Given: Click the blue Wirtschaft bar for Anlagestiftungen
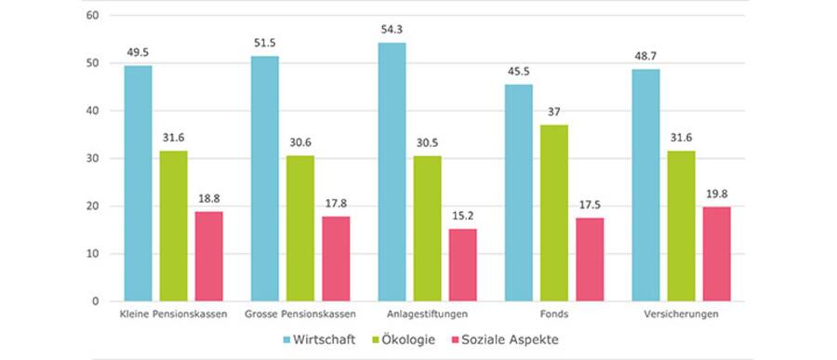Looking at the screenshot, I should pyautogui.click(x=392, y=172).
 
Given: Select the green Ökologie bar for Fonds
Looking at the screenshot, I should pyautogui.click(x=554, y=213).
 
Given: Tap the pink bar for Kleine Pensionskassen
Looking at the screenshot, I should pyautogui.click(x=209, y=256).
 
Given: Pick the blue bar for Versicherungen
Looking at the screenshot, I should pyautogui.click(x=645, y=185).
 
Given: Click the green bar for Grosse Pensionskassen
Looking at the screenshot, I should pyautogui.click(x=300, y=228).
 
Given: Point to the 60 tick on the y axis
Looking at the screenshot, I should pyautogui.click(x=91, y=16).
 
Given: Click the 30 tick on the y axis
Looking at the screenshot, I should pyautogui.click(x=91, y=158).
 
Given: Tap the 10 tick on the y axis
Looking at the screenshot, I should pyautogui.click(x=91, y=253).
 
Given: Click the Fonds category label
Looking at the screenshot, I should pyautogui.click(x=554, y=314).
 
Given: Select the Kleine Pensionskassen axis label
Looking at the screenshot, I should pyautogui.click(x=174, y=314).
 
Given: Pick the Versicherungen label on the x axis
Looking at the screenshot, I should pyautogui.click(x=681, y=314).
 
